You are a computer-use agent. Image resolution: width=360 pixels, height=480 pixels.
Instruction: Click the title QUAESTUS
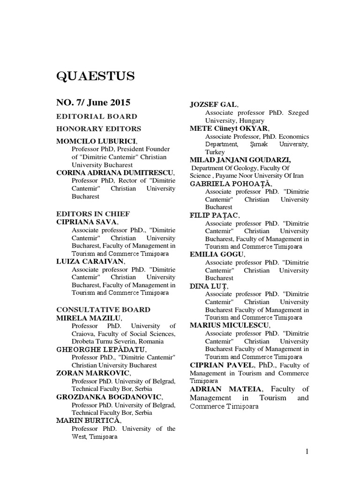tap(95, 75)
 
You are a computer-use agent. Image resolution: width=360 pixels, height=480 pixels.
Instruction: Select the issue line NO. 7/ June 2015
tap(93, 103)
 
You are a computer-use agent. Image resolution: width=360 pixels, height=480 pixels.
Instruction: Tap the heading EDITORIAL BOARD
tap(97, 116)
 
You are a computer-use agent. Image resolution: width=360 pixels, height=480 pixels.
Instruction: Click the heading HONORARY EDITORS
tap(98, 128)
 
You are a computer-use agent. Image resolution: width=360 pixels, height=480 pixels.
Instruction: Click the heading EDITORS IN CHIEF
tap(93, 214)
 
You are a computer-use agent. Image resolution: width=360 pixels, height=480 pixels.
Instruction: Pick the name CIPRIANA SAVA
tap(87, 222)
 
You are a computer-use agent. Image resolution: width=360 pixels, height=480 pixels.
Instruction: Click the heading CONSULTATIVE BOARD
tap(103, 310)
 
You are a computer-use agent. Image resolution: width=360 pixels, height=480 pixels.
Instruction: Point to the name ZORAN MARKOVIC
tap(90, 373)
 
